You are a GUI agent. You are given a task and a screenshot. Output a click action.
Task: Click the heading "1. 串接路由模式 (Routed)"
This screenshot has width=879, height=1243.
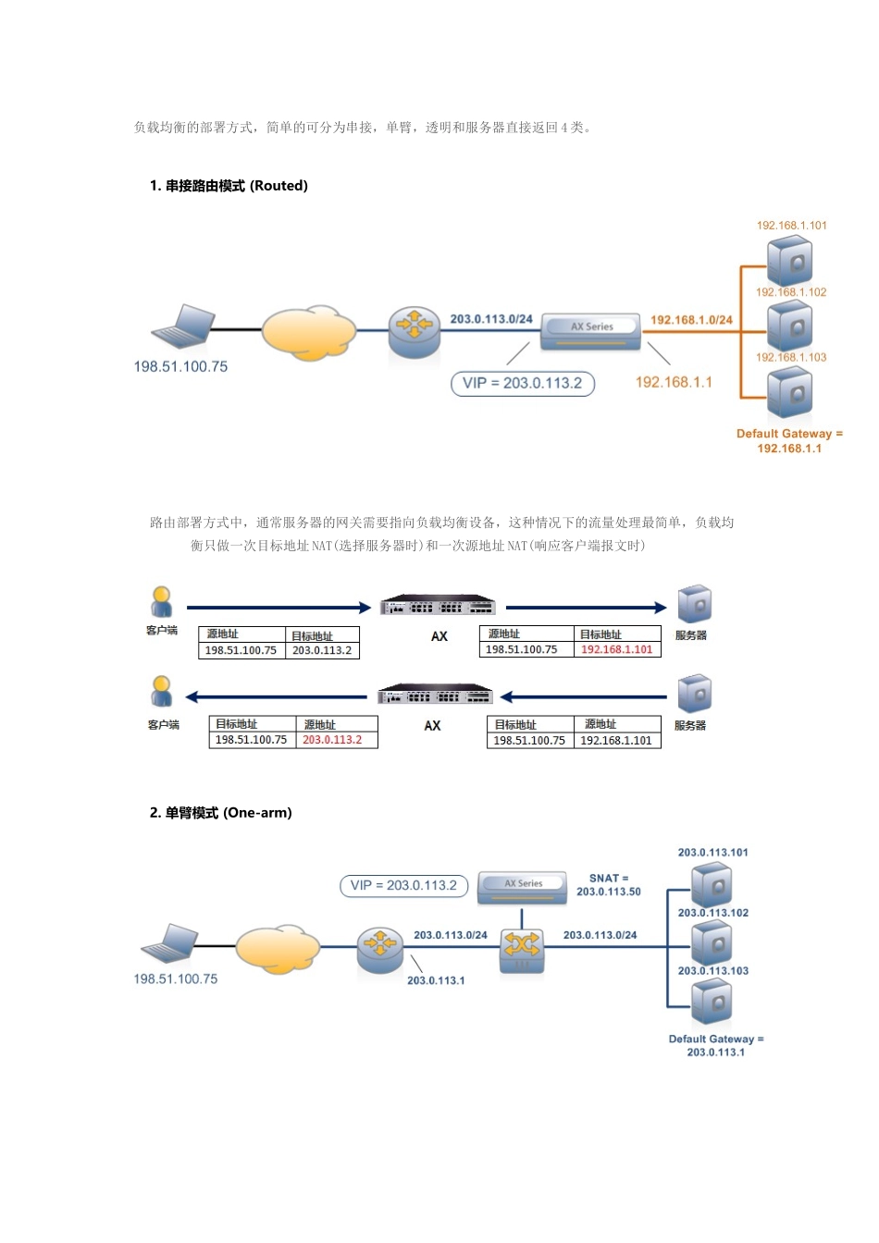[229, 186]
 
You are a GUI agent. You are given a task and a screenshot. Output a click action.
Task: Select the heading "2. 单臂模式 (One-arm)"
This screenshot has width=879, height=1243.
[220, 813]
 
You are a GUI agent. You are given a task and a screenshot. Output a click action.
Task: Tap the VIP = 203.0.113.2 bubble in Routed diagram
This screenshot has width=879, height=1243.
[522, 383]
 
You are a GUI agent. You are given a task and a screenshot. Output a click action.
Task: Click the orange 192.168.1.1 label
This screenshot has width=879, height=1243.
[674, 382]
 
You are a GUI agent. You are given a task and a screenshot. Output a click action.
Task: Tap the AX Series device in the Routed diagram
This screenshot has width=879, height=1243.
[590, 329]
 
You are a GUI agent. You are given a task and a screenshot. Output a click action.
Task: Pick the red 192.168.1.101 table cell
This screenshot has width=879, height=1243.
[616, 650]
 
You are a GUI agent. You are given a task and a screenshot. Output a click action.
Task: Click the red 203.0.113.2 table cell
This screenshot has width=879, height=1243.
[333, 741]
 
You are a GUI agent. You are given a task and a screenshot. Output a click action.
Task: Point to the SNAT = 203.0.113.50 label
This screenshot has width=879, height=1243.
[609, 885]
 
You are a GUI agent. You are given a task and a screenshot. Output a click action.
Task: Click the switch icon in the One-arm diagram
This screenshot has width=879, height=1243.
[522, 948]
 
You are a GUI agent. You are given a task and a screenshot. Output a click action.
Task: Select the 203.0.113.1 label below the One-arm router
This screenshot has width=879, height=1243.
[436, 980]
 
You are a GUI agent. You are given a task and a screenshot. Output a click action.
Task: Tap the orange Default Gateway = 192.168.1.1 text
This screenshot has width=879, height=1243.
[789, 441]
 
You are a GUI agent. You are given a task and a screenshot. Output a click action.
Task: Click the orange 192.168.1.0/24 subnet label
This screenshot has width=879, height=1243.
[691, 320]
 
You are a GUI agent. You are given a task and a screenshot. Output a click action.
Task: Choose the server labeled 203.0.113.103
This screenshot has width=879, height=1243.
[712, 1003]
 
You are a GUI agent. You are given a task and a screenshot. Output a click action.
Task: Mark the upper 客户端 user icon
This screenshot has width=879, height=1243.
[162, 602]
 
